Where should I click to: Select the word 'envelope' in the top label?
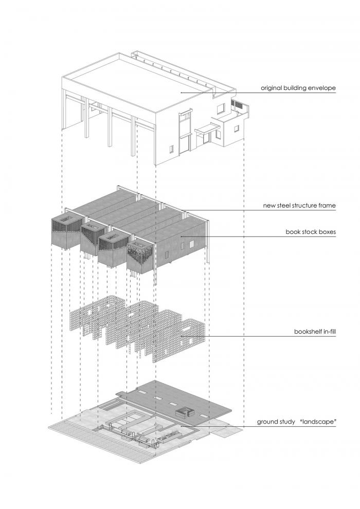click(x=322, y=88)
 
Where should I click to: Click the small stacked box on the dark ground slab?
click(x=184, y=411)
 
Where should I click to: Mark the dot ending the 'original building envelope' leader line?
click(x=180, y=92)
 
